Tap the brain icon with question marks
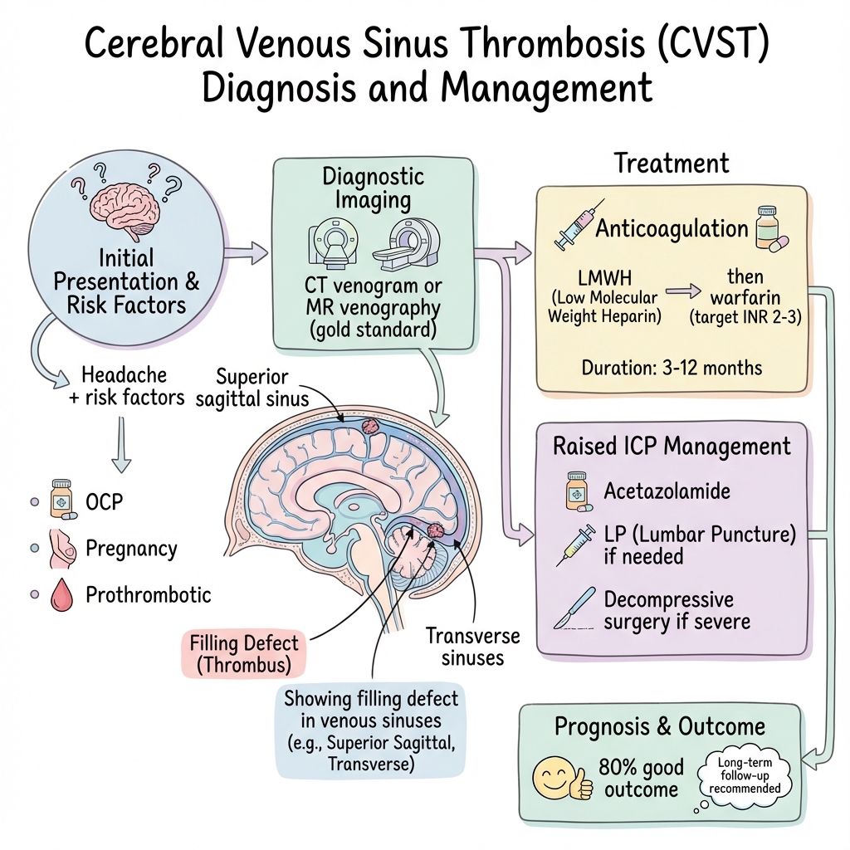(126, 204)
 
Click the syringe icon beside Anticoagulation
(572, 223)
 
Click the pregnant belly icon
(61, 549)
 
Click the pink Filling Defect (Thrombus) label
(242, 654)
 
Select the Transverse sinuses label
(472, 647)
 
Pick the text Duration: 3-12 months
(671, 368)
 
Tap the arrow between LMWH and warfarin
(685, 292)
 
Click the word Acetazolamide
(667, 491)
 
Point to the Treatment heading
(671, 163)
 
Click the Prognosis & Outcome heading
(659, 727)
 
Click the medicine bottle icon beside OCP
(61, 499)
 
